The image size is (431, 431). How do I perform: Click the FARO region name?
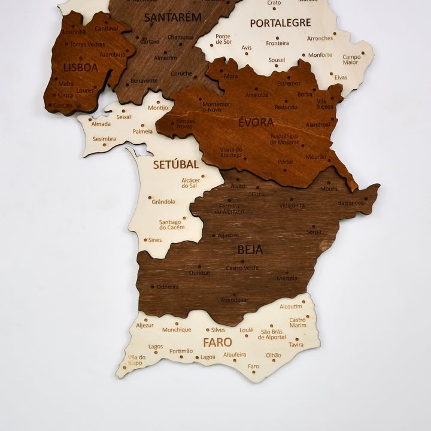[x=217, y=343]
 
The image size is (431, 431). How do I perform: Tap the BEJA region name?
[x=250, y=250]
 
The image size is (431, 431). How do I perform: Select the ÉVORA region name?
[x=256, y=123]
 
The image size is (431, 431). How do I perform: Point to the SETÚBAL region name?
[x=175, y=164]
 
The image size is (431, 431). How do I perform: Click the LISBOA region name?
[x=80, y=68]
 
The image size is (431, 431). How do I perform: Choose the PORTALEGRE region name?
[x=280, y=23]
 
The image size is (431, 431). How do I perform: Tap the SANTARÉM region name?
[x=173, y=17]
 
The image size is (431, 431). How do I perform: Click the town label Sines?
[x=154, y=239]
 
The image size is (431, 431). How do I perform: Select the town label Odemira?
[x=168, y=287]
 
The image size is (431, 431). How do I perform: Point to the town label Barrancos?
[x=350, y=203]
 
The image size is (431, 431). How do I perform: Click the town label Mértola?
[x=287, y=278]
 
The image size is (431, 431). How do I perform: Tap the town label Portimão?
[x=181, y=351]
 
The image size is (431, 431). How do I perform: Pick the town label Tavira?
[x=296, y=345]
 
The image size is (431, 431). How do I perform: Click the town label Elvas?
[x=341, y=77]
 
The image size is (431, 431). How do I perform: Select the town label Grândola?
[x=163, y=202]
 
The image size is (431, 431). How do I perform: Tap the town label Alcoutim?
[x=291, y=306]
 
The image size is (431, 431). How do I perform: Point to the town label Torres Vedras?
[x=87, y=44]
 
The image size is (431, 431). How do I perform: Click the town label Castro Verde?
[x=242, y=268]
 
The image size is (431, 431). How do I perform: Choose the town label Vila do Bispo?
[x=136, y=360]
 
